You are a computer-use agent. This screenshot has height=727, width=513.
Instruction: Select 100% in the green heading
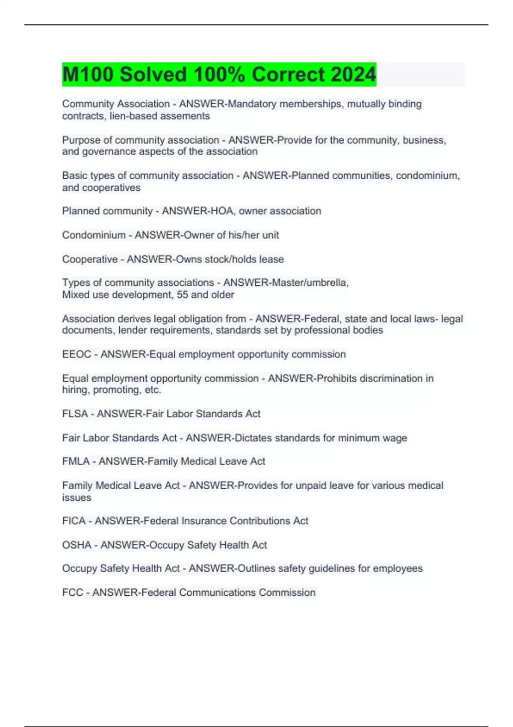[x=219, y=74]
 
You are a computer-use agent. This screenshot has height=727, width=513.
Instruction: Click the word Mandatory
[x=252, y=104]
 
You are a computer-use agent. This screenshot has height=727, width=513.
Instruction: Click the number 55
[x=182, y=295]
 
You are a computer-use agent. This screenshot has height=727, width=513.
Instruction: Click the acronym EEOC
[x=77, y=354]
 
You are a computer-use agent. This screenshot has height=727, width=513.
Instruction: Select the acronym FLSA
[x=75, y=414]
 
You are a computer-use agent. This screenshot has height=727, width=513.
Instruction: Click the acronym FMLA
[x=76, y=461]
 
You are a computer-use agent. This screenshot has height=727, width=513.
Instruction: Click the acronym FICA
[x=74, y=521]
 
